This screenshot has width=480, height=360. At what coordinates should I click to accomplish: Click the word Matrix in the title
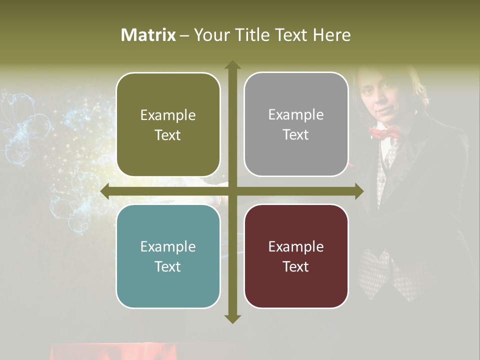click(148, 35)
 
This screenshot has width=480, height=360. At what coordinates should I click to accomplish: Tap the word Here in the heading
click(331, 35)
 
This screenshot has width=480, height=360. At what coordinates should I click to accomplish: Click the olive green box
click(168, 124)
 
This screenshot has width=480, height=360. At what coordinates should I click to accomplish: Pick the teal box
click(168, 256)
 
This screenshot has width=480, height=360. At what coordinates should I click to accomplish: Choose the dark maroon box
click(296, 256)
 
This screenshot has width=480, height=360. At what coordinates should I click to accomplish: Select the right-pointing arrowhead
click(359, 191)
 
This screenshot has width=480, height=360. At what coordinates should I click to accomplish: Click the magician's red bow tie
click(384, 132)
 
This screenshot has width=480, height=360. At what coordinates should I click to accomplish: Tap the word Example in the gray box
click(296, 115)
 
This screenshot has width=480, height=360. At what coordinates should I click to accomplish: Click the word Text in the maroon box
click(296, 266)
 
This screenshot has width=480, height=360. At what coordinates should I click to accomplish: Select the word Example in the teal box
click(168, 246)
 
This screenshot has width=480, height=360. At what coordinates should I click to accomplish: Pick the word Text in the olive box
click(168, 135)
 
